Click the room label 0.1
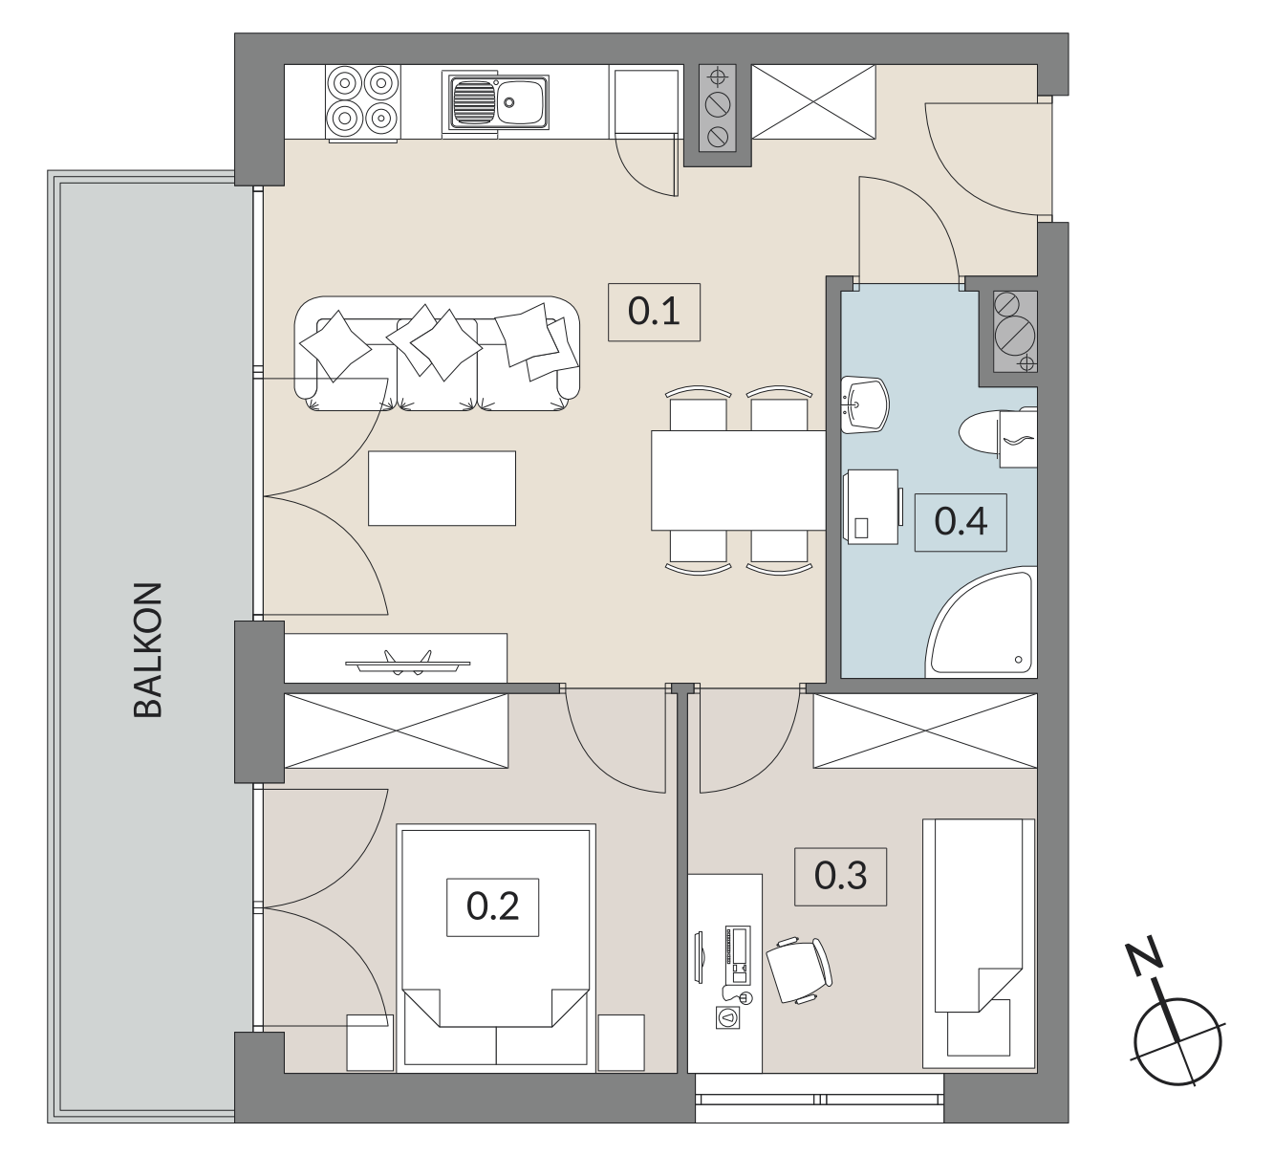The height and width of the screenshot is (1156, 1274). coord(654,312)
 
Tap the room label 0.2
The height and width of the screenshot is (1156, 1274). coord(492,906)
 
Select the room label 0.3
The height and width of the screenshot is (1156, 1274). coord(840,876)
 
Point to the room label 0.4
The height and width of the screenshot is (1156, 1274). coord(961,522)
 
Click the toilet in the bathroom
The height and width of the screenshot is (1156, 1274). coord(997,435)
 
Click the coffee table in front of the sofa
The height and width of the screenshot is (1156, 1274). coord(442,488)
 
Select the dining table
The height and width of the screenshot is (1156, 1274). coord(738,480)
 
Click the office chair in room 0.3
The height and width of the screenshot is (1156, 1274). coord(799,970)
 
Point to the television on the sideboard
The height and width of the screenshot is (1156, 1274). coord(408,663)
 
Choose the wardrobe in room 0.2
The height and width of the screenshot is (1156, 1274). coord(397,731)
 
